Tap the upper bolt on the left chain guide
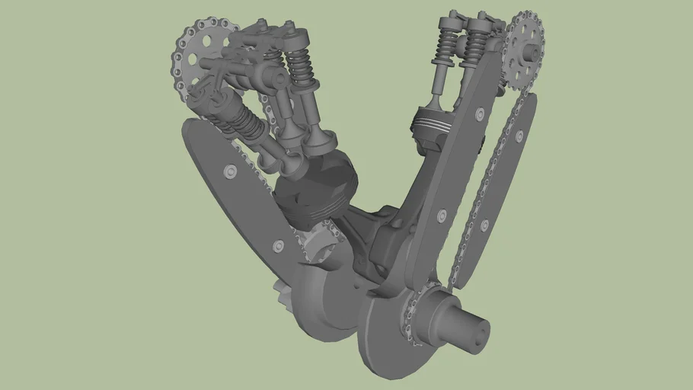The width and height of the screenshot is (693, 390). point(228,171)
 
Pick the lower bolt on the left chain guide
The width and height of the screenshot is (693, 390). point(278,245)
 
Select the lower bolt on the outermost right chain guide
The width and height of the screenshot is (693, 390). point(485,225)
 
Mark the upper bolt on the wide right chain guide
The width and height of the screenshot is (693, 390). point(479,113)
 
